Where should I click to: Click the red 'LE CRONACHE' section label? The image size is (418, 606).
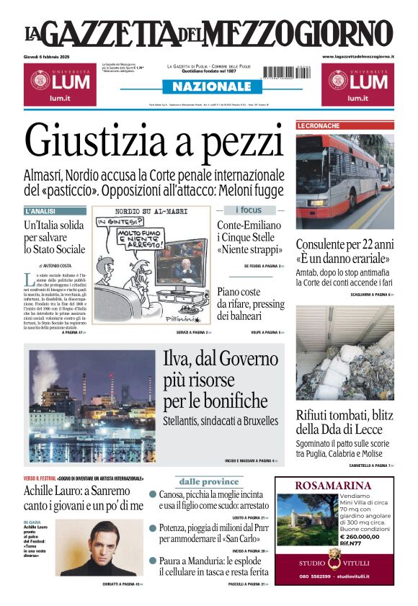(319, 126)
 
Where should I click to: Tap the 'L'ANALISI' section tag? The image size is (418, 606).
(42, 211)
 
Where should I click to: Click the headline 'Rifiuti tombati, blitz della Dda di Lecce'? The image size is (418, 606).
(343, 424)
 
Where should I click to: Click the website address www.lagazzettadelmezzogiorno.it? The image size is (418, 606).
(358, 56)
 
